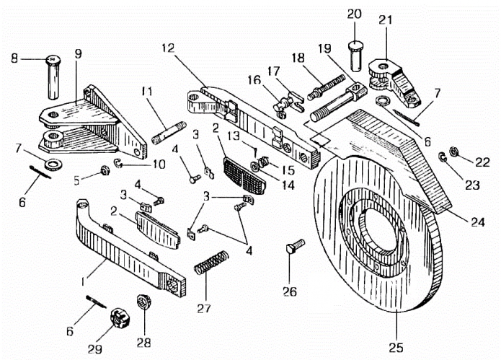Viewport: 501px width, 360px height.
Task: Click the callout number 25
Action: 396,347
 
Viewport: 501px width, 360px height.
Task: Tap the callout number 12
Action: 168,48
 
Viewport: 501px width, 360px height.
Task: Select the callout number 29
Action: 95,349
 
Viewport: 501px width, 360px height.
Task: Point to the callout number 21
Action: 386,19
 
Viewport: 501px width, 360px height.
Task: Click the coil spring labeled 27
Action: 211,262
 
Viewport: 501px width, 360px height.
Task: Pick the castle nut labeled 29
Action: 120,318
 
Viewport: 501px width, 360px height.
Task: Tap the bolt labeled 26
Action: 296,246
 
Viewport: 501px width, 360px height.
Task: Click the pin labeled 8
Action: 53,77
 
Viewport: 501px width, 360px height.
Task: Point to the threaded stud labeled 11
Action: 169,133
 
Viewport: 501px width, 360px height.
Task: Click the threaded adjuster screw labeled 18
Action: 327,87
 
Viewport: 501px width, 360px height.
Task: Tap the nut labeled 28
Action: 143,302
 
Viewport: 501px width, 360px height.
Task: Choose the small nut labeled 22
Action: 453,152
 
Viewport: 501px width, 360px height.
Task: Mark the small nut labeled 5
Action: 105,170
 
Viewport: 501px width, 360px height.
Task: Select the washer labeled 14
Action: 255,166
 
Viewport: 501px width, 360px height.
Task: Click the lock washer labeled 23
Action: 443,157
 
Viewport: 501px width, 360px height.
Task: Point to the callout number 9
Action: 79,53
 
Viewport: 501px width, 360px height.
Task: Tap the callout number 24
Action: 477,221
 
